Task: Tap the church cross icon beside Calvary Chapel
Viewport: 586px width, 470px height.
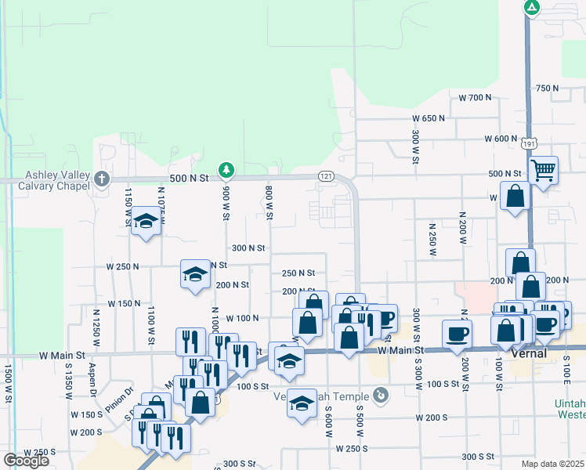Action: point(101,179)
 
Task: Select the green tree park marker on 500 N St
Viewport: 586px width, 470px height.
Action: point(226,169)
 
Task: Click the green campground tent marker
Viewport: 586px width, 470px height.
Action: point(532,9)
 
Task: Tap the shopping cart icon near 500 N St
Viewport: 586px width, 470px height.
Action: point(543,169)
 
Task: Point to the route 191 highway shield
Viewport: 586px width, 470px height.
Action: point(530,143)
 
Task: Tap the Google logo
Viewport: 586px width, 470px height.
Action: point(26,460)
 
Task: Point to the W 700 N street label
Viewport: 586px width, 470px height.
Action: point(474,98)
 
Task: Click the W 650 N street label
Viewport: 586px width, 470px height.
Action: point(428,118)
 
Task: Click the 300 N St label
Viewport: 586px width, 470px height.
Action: point(248,248)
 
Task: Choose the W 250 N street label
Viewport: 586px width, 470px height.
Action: point(122,267)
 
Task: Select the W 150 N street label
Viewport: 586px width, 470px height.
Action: point(124,303)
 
